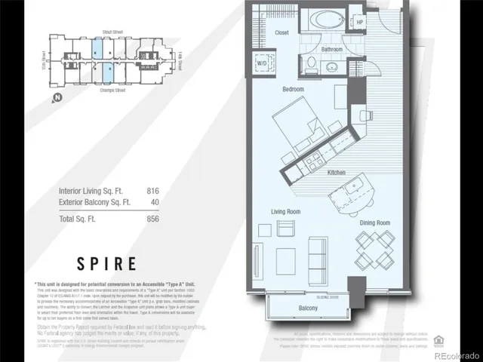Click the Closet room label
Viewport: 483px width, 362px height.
(x=281, y=32)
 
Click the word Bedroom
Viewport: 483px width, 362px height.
(x=293, y=89)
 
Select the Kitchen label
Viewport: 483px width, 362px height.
(x=337, y=173)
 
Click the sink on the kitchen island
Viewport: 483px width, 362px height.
(x=338, y=186)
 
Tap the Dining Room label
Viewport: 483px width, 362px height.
(x=374, y=222)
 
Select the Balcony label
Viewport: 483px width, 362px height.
(x=308, y=308)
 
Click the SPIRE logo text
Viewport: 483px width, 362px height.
(x=106, y=264)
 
